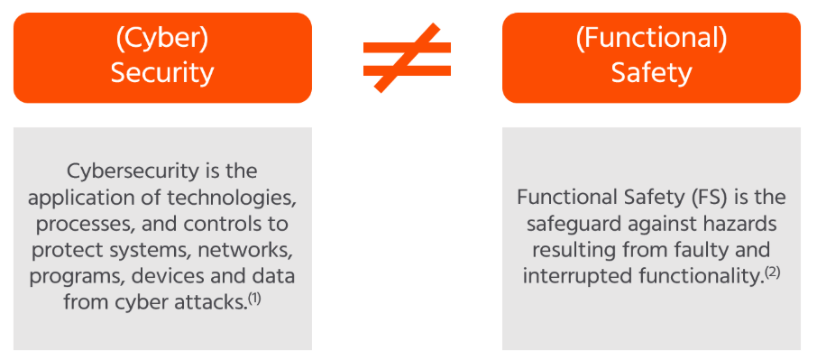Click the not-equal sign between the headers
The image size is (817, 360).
407,57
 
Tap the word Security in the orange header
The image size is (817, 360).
162,73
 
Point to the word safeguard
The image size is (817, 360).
582,223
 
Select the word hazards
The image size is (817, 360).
739,223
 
